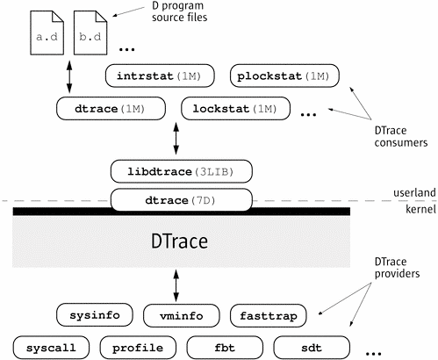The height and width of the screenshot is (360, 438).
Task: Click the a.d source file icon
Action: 47,32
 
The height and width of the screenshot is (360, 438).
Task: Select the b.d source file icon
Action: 90,32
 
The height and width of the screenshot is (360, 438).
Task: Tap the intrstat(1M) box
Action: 160,76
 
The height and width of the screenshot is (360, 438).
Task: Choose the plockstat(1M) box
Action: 284,76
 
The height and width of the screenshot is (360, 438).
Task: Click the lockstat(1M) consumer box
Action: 236,109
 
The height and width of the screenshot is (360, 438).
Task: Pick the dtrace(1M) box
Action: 111,109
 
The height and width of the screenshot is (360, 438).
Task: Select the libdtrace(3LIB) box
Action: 182,171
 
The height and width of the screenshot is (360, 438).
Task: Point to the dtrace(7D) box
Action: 182,200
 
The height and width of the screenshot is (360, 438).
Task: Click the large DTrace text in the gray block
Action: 179,241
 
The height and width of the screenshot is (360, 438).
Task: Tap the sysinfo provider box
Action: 95,315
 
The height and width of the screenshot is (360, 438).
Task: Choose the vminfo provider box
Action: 182,315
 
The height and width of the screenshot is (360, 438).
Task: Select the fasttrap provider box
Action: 269,315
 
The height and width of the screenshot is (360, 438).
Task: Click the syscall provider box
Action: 51,348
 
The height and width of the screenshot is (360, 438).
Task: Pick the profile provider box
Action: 138,348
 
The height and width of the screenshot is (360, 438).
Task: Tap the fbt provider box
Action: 225,348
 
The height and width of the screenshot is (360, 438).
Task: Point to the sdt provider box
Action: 312,348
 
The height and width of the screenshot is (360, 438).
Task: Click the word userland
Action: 414,192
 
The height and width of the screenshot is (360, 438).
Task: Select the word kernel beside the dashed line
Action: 420,209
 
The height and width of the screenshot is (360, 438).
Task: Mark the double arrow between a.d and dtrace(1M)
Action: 69,77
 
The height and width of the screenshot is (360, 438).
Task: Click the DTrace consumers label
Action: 401,136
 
